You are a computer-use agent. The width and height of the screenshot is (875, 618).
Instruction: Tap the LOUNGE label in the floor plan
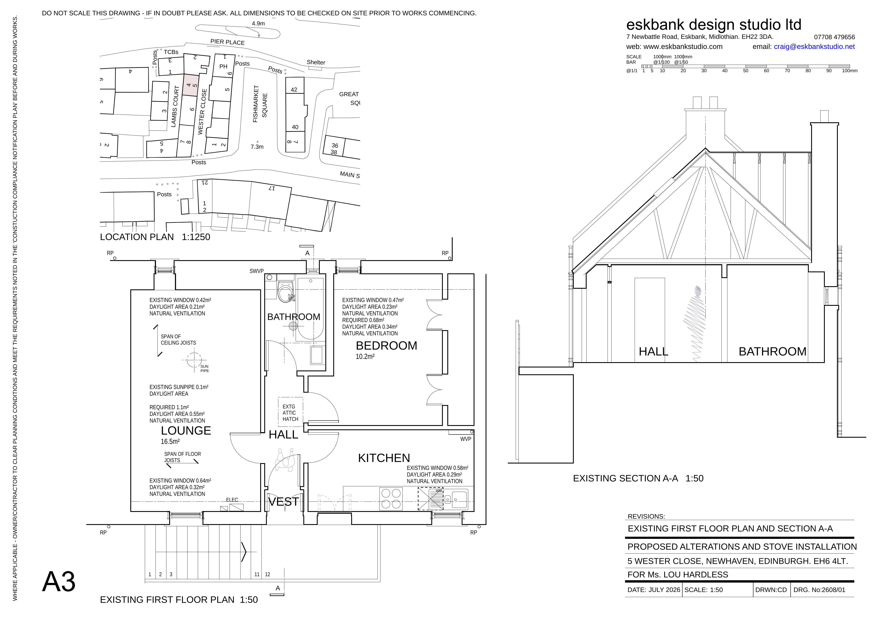186,431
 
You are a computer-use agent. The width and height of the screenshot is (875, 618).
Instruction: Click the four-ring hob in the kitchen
391,499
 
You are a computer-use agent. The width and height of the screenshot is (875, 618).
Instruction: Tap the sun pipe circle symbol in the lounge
194,359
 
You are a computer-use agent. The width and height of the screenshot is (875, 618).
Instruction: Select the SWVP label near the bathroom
257,271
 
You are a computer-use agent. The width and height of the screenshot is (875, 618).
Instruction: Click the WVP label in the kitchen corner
466,439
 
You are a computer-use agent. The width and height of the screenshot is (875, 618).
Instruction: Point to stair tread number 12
267,575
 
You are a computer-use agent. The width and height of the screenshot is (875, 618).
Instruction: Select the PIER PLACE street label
228,42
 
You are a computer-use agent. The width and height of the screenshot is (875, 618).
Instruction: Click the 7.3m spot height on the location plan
257,147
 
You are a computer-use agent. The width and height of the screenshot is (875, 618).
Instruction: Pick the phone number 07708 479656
835,37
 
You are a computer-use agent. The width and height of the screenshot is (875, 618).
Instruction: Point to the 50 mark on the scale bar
746,70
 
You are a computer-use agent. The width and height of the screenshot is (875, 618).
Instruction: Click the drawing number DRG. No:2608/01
819,590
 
